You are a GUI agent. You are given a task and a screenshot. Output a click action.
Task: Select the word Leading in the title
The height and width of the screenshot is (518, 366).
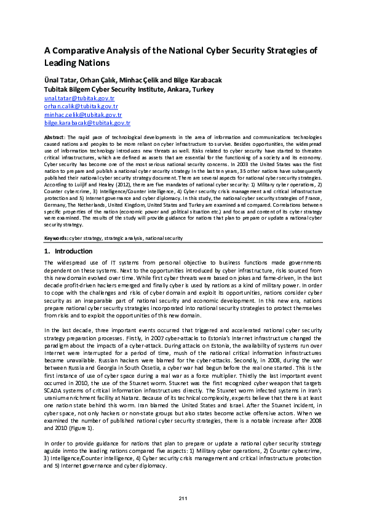[60, 63]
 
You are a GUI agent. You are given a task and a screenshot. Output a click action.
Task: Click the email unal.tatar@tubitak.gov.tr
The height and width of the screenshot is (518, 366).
[79, 98]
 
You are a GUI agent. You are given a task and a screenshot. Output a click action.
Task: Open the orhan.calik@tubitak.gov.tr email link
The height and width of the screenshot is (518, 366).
[81, 106]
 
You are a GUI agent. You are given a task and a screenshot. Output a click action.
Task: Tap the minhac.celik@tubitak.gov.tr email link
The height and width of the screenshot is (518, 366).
[82, 114]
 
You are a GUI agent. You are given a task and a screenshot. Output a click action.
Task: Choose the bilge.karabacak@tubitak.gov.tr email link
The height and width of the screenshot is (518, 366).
[87, 123]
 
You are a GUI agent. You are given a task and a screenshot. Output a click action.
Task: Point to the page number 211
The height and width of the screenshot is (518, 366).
[183, 498]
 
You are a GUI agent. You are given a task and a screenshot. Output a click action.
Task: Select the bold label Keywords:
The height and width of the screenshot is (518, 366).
[56, 237]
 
